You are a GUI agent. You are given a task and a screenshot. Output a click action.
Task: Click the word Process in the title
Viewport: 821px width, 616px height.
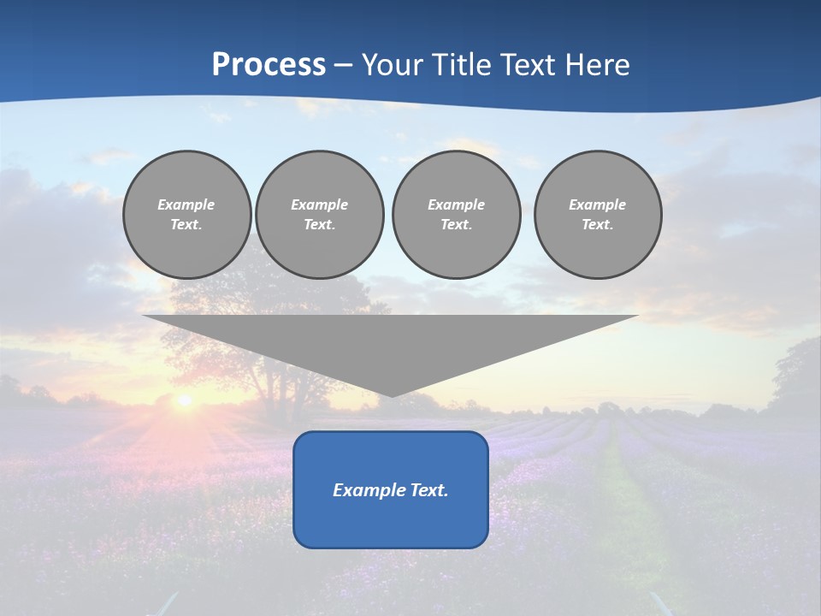point(269,65)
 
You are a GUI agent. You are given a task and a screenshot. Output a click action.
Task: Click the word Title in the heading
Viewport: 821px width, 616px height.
point(462,65)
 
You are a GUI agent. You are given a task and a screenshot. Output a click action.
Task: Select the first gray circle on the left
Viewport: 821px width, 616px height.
point(187,215)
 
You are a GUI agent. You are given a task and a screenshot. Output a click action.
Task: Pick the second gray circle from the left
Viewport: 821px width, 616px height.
point(320,215)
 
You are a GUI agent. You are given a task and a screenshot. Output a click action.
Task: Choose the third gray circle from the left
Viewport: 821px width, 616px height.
point(456,215)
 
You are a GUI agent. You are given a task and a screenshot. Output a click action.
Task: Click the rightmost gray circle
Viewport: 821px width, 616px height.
point(598,215)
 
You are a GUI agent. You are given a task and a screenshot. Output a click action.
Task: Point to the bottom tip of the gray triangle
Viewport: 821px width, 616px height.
point(391,395)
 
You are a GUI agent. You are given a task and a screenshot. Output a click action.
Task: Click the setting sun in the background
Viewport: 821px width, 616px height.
point(183,400)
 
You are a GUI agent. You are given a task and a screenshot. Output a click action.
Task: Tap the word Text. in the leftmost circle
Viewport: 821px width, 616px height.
point(186,225)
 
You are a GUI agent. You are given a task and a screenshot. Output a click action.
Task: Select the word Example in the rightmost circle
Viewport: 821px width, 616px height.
point(598,204)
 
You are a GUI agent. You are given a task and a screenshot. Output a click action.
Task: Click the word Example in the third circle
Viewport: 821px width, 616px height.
point(456,204)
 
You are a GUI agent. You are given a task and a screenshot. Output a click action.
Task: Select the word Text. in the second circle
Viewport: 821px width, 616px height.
point(320,225)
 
